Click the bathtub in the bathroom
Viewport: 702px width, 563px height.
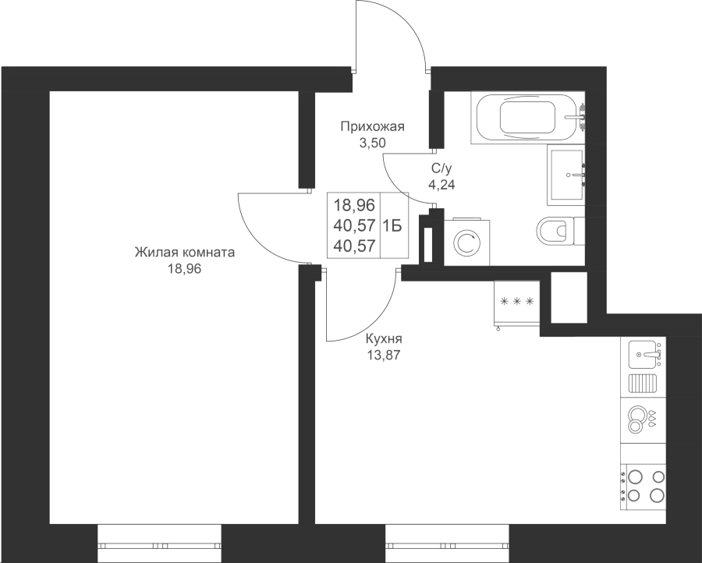click(527, 118)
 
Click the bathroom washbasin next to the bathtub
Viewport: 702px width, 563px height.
click(566, 175)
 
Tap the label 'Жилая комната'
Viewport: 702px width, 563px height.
click(185, 253)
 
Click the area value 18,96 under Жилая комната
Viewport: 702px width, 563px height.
click(185, 269)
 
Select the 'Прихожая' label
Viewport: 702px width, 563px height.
click(373, 127)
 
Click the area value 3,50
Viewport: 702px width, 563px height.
click(373, 143)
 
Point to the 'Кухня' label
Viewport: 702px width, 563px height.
click(384, 338)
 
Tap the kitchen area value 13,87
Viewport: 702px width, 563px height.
click(384, 356)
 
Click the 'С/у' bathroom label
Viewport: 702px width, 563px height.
click(442, 168)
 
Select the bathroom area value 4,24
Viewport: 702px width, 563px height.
click(442, 184)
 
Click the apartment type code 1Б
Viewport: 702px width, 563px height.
click(391, 226)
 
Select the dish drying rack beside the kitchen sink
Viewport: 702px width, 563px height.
click(643, 384)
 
